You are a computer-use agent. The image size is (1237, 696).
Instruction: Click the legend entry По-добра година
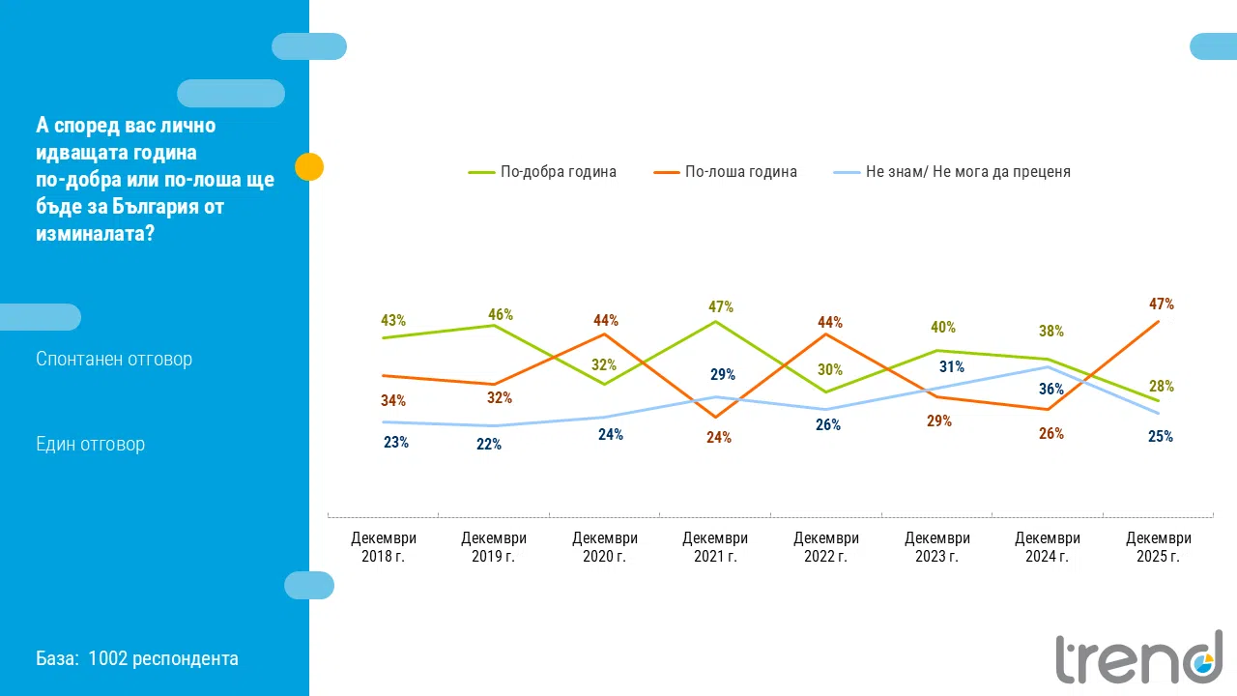tap(558, 172)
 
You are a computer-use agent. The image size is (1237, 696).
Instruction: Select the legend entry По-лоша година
tap(740, 172)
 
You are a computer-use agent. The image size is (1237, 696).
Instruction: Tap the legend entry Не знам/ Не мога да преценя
tap(967, 172)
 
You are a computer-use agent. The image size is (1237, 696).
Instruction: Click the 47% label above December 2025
tap(1162, 304)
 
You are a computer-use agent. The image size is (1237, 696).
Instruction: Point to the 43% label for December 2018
tap(393, 320)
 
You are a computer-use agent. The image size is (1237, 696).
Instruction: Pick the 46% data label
tap(501, 314)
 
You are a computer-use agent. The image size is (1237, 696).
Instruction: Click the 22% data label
tap(489, 445)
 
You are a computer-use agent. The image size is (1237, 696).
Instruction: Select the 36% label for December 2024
tap(1051, 390)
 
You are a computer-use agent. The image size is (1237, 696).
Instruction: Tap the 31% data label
tap(952, 366)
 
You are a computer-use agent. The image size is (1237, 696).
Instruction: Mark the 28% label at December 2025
tap(1162, 386)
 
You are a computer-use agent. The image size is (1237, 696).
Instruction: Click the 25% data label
tap(1161, 436)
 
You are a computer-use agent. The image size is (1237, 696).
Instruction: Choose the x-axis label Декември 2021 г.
tap(715, 547)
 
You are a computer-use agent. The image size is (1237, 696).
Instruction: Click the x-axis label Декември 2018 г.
tap(384, 547)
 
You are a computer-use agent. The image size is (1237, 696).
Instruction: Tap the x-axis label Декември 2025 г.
tap(1159, 547)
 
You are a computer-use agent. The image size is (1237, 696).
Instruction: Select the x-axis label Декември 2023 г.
tap(936, 547)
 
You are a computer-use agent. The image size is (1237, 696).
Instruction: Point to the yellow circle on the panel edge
tap(308, 166)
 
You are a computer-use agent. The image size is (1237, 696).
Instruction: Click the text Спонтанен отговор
tap(114, 359)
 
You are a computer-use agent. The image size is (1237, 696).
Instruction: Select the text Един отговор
tap(90, 444)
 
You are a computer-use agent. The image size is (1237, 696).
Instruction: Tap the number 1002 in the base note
tap(106, 658)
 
